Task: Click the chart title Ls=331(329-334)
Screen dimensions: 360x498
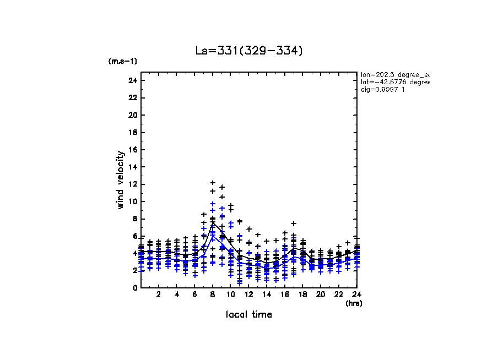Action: (x=249, y=51)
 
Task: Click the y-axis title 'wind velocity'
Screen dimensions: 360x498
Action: (x=121, y=180)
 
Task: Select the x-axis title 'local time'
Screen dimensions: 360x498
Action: (x=249, y=315)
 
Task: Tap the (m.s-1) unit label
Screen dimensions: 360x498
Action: (x=123, y=61)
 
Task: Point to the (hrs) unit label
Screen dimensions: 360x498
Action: (x=354, y=303)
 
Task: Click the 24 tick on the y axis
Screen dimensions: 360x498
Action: (x=133, y=80)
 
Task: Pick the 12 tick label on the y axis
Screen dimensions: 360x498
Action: (x=133, y=184)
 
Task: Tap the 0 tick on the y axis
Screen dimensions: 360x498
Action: (x=135, y=287)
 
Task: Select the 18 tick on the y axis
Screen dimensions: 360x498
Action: (x=133, y=132)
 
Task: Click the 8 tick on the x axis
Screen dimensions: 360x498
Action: (x=213, y=295)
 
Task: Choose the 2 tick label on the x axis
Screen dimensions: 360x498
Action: (x=159, y=295)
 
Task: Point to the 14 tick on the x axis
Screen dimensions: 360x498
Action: (x=267, y=295)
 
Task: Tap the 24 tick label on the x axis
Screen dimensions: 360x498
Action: (x=356, y=295)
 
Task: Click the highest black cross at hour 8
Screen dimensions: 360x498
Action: (x=213, y=182)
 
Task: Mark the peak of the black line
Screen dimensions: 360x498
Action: (x=213, y=223)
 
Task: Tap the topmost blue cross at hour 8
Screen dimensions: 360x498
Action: (x=213, y=204)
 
